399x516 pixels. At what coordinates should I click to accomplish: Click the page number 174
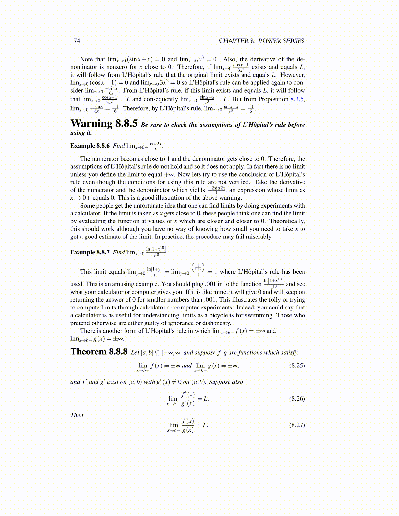tap(75, 41)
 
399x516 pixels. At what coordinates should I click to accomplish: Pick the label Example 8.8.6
tap(90, 146)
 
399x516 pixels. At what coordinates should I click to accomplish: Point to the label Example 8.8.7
tap(90, 252)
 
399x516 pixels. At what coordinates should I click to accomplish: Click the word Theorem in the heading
tap(89, 352)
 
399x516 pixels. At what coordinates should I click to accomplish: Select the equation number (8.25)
tap(297, 365)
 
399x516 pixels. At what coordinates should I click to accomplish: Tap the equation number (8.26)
tap(297, 399)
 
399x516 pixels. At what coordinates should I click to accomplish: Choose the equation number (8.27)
tap(297, 425)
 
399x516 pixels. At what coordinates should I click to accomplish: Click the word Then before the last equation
tap(77, 415)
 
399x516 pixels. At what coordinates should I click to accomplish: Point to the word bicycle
tap(225, 315)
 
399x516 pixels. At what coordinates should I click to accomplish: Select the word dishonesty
tap(216, 323)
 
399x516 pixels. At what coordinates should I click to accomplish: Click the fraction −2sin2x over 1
tap(216, 190)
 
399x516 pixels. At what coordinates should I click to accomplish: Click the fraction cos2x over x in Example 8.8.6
tap(155, 146)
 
